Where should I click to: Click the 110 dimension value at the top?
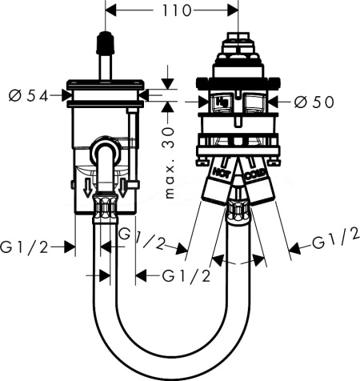(x=177, y=11)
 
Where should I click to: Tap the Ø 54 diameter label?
(x=29, y=96)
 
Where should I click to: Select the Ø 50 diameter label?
(x=314, y=102)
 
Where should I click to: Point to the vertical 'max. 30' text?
(x=169, y=162)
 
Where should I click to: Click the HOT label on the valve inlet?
(x=221, y=172)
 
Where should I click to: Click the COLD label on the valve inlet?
(x=254, y=174)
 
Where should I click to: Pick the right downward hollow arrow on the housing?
(x=123, y=188)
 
